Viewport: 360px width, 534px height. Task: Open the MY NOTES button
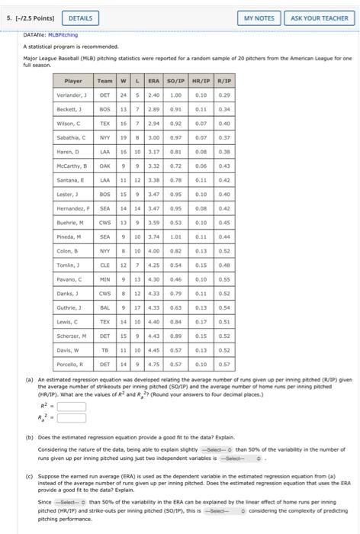[x=259, y=18]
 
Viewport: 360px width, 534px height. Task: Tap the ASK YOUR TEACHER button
[x=319, y=18]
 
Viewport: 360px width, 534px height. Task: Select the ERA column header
[x=153, y=80]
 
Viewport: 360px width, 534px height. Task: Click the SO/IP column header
[x=175, y=80]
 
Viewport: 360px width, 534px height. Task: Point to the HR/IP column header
[x=201, y=80]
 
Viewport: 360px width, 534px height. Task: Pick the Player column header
[x=73, y=80]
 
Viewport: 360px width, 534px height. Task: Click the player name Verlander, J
[x=73, y=95]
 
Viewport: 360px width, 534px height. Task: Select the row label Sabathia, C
[x=73, y=137]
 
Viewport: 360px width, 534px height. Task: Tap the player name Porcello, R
[x=73, y=365]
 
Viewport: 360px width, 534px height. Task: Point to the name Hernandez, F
[x=73, y=208]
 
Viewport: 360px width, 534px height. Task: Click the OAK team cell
[x=106, y=166]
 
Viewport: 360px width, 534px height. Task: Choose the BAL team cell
[x=106, y=307]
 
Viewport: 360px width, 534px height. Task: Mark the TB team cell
[x=106, y=350]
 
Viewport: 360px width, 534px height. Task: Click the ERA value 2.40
[x=153, y=95]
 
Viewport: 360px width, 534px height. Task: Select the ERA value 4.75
[x=153, y=365]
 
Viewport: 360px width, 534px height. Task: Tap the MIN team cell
[x=106, y=279]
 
